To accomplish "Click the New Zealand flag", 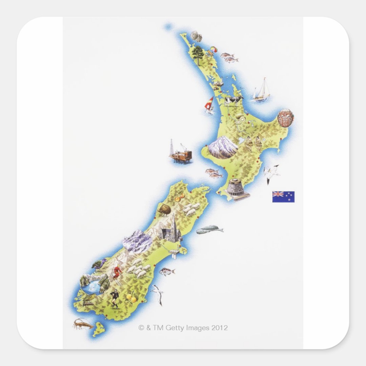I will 283,197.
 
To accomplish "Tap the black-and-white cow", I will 233,100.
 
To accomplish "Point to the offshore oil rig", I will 181,154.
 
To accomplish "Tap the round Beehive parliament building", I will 236,188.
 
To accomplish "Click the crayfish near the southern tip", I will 83,324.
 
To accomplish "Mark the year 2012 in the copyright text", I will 220,328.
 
